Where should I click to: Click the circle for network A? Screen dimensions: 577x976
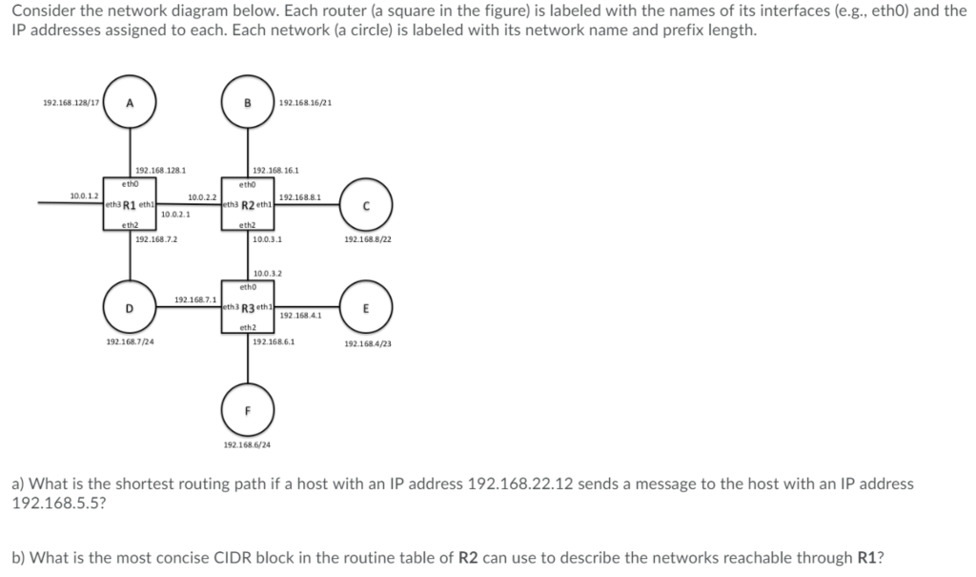[130, 105]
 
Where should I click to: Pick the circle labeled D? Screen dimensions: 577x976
[130, 307]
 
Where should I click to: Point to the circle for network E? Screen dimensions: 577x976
[367, 307]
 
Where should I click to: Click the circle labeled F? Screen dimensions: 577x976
[248, 411]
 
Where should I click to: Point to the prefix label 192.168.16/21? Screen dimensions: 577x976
[305, 103]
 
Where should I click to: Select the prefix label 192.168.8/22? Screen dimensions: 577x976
[367, 240]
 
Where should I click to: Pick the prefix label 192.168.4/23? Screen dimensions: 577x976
[367, 343]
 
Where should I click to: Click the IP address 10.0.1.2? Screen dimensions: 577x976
[84, 195]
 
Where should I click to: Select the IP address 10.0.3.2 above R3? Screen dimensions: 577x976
[266, 274]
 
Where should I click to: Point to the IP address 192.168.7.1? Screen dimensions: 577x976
[193, 299]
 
